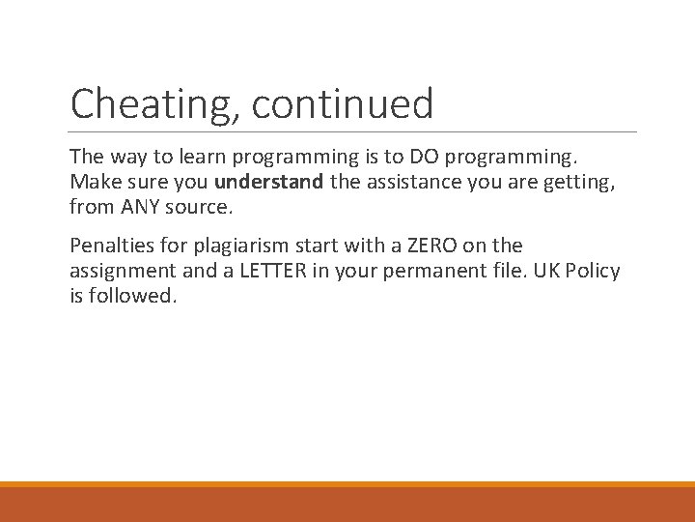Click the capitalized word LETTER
(x=273, y=271)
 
